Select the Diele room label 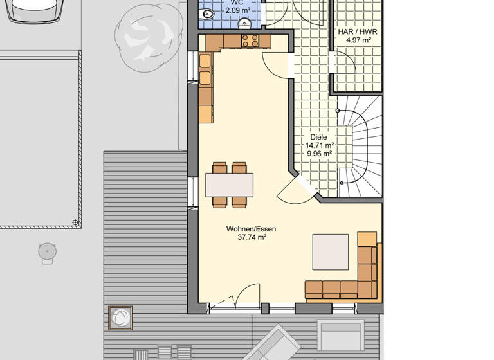pos(318,137)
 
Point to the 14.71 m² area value pos(319,145)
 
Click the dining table pos(229,184)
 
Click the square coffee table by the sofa pos(330,252)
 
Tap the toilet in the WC pos(244,24)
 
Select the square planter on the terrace pos(120,318)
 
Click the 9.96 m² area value pos(319,154)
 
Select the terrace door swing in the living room pos(244,297)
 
